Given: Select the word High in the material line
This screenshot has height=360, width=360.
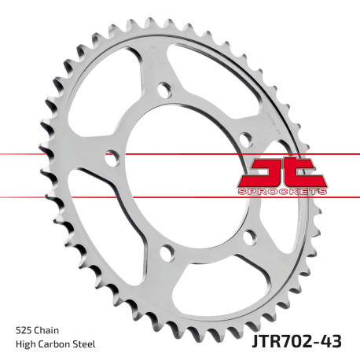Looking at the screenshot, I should [24, 344].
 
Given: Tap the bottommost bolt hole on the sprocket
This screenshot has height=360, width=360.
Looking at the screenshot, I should [166, 252].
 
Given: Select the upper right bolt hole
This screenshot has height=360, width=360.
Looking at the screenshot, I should [246, 139].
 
